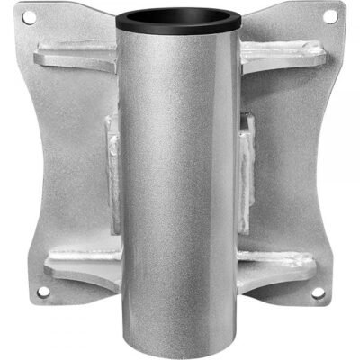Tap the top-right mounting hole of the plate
[329, 16]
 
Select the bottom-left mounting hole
[42, 292]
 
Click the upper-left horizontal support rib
[76, 60]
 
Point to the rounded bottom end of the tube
[181, 337]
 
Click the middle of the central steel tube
[181, 180]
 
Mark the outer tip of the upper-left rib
[38, 58]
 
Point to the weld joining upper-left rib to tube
[114, 65]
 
